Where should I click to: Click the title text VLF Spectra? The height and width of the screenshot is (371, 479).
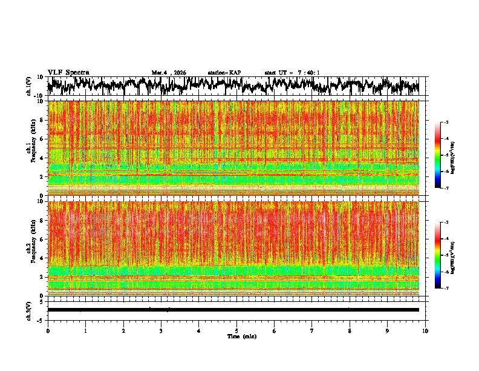[68, 72]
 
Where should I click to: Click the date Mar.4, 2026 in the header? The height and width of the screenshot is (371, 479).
[169, 73]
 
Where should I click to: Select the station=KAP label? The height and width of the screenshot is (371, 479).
[224, 73]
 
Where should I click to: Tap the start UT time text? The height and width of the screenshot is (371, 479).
[292, 73]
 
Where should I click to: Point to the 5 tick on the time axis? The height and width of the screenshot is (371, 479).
[237, 330]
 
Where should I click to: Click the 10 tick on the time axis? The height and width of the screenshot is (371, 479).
[425, 330]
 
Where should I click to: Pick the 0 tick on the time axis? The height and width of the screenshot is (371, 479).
[48, 330]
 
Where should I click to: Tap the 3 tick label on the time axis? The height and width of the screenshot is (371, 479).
[161, 330]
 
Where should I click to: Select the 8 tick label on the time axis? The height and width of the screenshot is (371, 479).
[350, 330]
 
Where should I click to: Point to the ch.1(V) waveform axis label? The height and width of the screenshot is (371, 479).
[29, 86]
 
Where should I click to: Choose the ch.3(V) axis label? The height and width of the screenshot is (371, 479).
[29, 309]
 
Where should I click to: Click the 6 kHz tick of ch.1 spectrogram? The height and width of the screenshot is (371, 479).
[42, 139]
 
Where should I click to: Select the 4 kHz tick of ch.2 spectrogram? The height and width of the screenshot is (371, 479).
[42, 258]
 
